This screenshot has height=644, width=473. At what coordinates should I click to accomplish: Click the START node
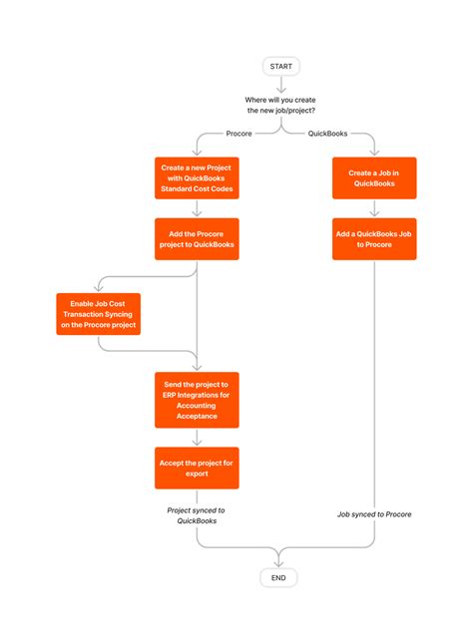click(x=280, y=66)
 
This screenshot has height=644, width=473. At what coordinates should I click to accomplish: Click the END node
click(x=278, y=578)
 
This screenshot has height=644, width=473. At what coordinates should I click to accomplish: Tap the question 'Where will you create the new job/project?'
click(x=280, y=105)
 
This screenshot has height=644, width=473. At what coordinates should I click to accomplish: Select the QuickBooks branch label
click(x=327, y=133)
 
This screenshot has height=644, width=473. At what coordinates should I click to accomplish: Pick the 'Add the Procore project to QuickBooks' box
click(x=197, y=238)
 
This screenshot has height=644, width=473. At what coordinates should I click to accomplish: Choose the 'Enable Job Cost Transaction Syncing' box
click(x=97, y=313)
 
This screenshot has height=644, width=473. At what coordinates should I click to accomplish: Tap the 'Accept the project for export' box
click(x=197, y=468)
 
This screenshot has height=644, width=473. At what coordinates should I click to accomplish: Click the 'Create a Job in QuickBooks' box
click(x=373, y=178)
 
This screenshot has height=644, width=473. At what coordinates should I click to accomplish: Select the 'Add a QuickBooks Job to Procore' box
click(x=373, y=239)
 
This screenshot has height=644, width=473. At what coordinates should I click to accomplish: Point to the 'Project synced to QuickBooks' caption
click(x=197, y=514)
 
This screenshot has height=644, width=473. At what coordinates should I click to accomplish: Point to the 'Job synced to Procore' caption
click(x=373, y=514)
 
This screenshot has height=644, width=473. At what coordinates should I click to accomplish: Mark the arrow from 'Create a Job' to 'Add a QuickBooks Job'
click(x=373, y=208)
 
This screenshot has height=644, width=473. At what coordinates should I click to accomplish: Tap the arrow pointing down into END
click(x=278, y=559)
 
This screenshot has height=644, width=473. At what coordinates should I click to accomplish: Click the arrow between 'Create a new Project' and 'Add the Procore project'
click(x=197, y=208)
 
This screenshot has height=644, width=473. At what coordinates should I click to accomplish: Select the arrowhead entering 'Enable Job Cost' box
click(x=97, y=288)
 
